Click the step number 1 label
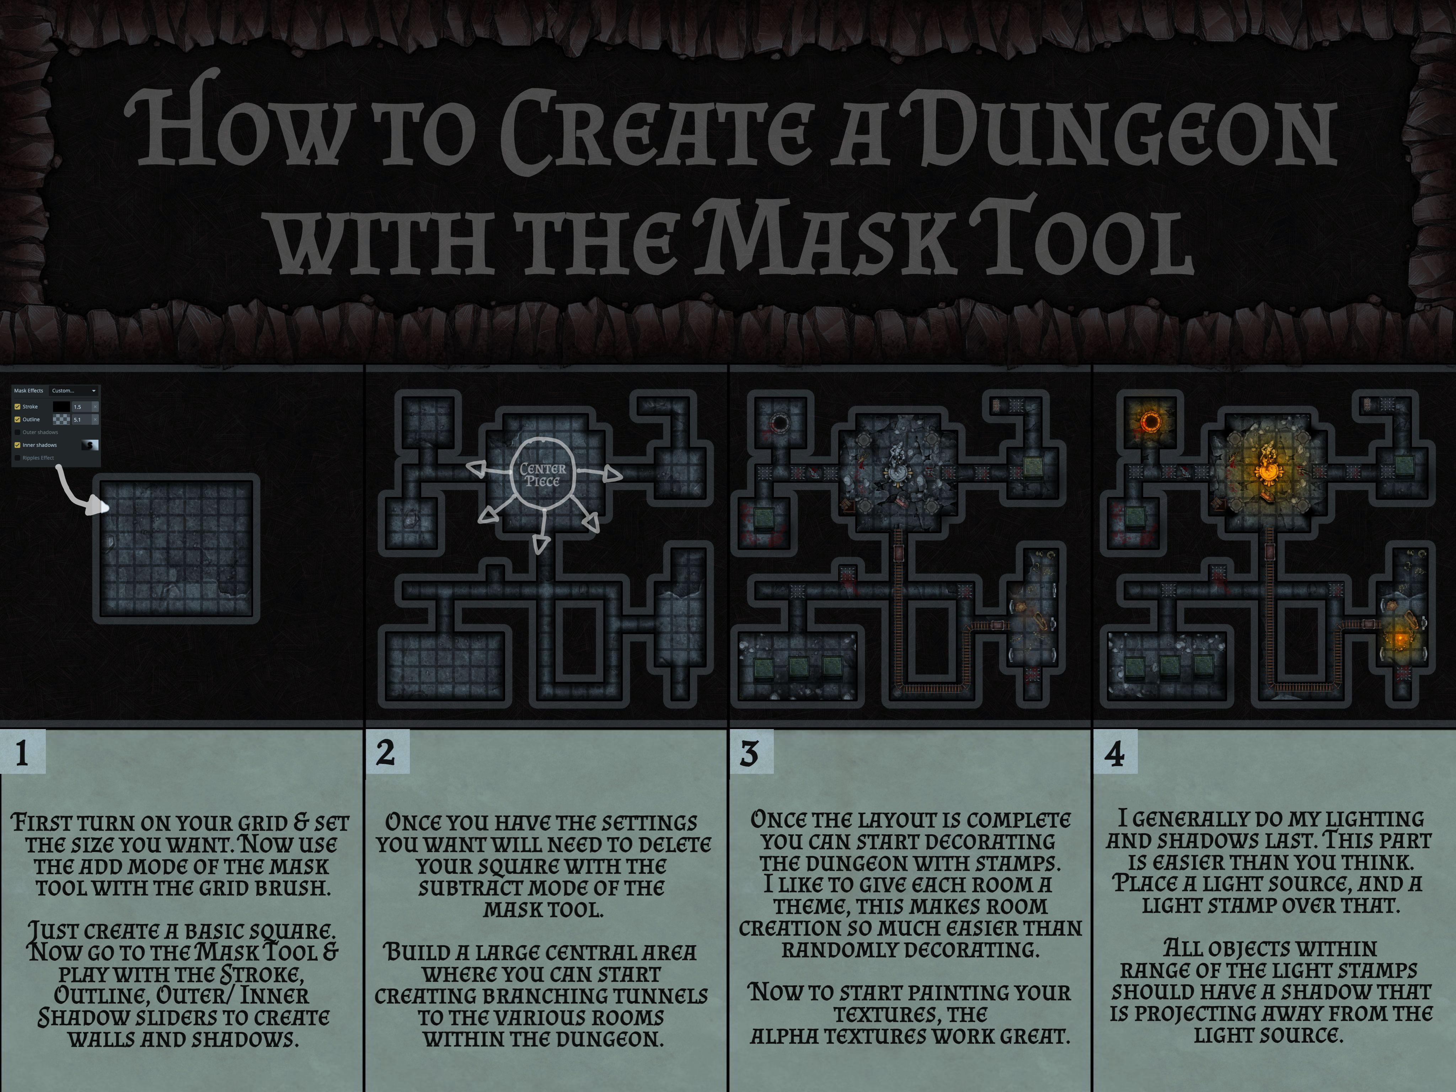22,753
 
